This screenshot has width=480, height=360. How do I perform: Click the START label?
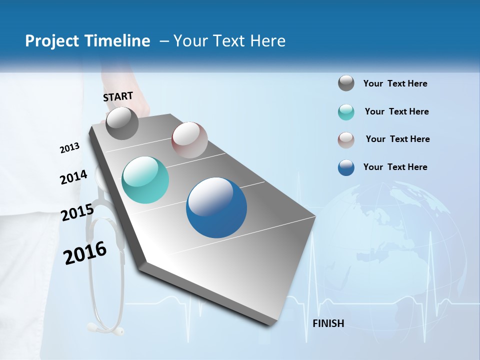[x=118, y=96]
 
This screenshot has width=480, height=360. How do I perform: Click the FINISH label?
[x=328, y=323]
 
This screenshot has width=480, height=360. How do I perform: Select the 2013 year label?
[x=69, y=148]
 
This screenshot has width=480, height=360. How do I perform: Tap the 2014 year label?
[x=73, y=177]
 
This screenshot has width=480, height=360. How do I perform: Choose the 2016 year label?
[x=85, y=253]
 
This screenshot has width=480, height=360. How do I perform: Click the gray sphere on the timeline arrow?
[x=122, y=123]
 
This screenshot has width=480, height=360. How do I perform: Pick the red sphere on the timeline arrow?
[x=189, y=140]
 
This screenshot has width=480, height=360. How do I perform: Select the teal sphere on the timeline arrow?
[x=145, y=180]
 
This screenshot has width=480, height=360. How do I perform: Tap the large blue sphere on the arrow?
[x=216, y=207]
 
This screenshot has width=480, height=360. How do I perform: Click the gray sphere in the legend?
[x=346, y=83]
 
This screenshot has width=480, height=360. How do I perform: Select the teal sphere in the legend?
[x=346, y=112]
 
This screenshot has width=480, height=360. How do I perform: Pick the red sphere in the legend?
[x=346, y=140]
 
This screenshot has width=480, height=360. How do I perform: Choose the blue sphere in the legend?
[x=346, y=167]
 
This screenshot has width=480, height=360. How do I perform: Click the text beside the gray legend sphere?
[x=395, y=84]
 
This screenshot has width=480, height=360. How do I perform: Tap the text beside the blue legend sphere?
[x=395, y=167]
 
